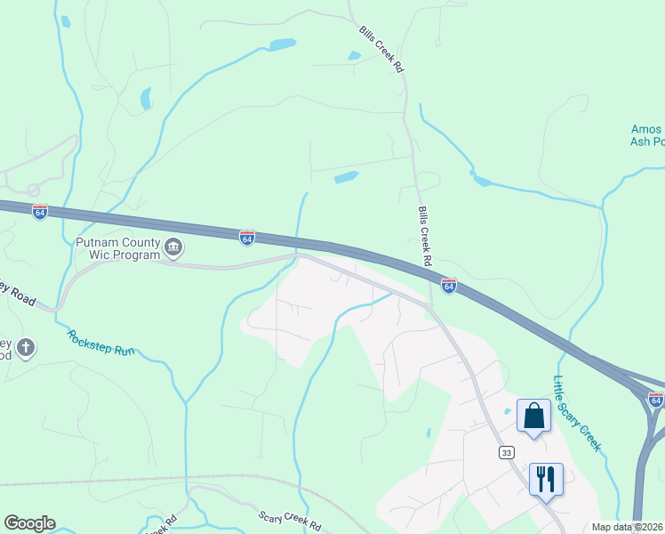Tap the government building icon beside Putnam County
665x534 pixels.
point(173,247)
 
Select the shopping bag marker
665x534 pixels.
point(533,416)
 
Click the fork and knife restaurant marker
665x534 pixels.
point(546,479)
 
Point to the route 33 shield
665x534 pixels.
point(506,453)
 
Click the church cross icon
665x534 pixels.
point(26,347)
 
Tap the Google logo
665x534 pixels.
point(29,523)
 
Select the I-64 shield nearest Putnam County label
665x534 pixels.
point(247,238)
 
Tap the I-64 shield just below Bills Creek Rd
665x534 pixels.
point(449,286)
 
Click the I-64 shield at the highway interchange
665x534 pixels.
point(656,400)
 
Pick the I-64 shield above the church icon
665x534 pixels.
point(39,212)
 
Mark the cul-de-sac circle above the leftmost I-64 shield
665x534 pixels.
point(33,190)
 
